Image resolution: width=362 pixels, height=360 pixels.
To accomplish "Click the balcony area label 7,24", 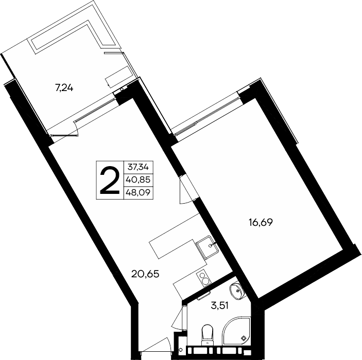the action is (64, 88).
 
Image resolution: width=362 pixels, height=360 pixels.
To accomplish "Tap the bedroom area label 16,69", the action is (261, 222).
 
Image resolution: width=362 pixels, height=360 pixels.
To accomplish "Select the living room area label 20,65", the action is (145, 274).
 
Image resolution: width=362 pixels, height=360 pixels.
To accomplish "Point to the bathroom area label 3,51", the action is (219, 306).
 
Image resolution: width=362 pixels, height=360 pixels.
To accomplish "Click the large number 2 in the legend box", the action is (110, 180).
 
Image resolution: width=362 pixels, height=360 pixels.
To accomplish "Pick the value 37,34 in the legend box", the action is (139, 167).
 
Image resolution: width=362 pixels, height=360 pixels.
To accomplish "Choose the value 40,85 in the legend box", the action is (139, 179).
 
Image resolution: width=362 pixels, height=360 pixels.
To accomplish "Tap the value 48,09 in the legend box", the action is (139, 192).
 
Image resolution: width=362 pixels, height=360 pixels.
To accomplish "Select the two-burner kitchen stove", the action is (203, 278).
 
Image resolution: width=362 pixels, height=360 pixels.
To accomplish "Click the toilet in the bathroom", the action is (207, 334).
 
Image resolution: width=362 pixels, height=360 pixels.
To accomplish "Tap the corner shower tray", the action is (236, 331).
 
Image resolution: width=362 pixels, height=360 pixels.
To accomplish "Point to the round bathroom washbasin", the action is (236, 291).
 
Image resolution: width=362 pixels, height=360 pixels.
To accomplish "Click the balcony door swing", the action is (65, 132).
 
